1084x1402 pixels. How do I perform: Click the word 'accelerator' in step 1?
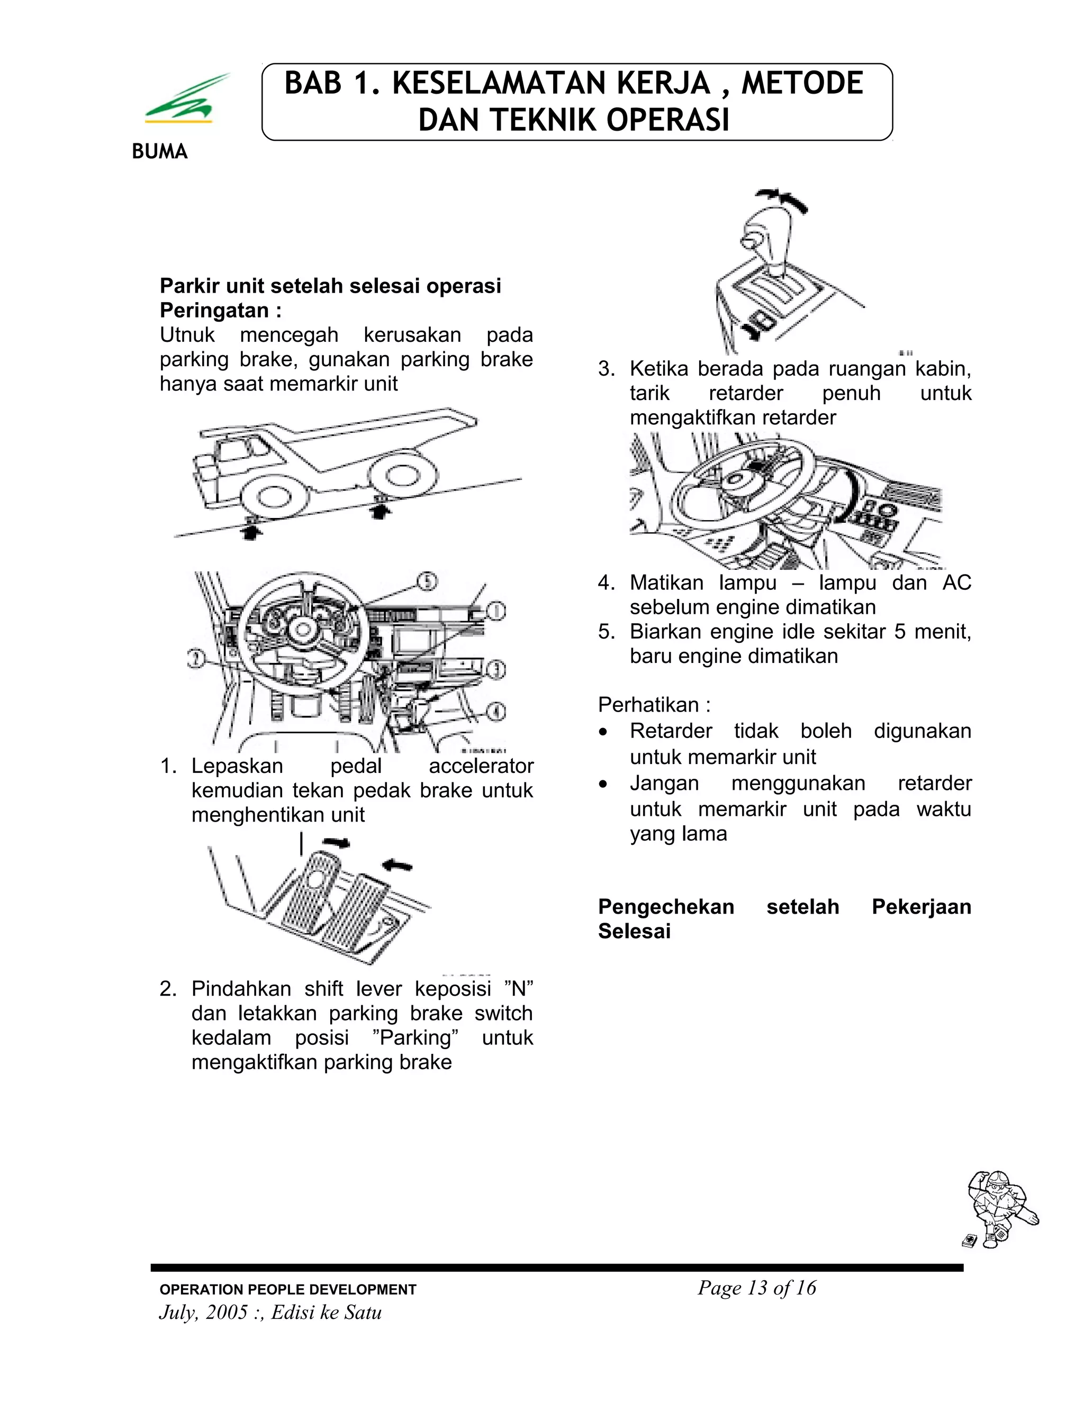(481, 766)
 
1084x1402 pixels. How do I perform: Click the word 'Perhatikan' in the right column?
(648, 705)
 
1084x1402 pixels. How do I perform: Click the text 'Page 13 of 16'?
(756, 1288)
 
